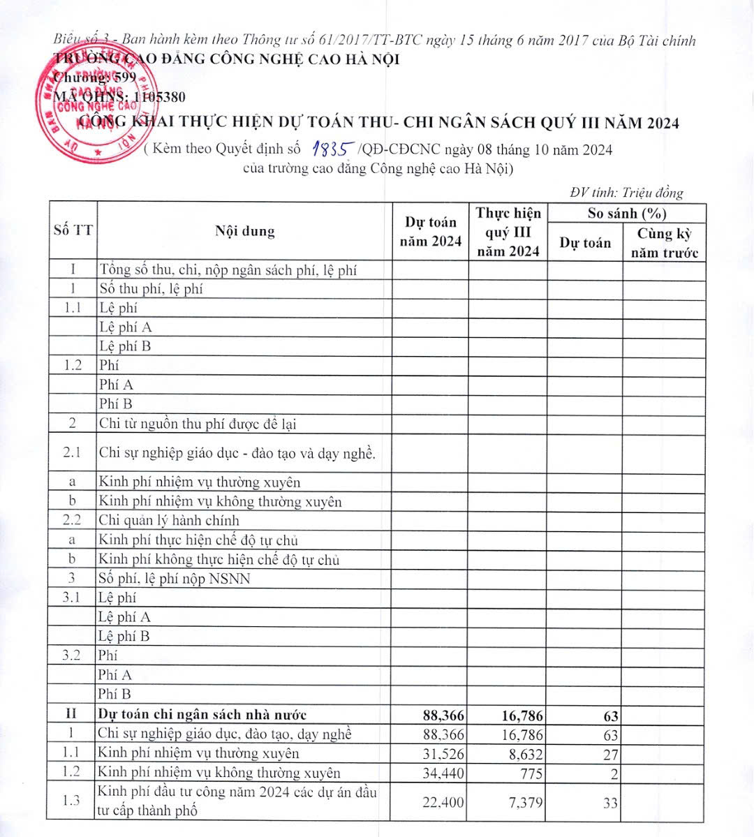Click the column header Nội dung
(244, 231)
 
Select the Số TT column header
(73, 231)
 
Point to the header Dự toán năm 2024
(430, 232)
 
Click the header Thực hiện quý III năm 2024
(508, 232)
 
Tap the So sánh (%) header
(626, 213)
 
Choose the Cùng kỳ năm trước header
(664, 243)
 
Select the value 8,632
(523, 754)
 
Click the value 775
(531, 773)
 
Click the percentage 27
(610, 755)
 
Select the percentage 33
(610, 803)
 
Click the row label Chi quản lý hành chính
(169, 520)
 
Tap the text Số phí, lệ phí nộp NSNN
(174, 578)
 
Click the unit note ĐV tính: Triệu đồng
(626, 193)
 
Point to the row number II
(71, 714)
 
